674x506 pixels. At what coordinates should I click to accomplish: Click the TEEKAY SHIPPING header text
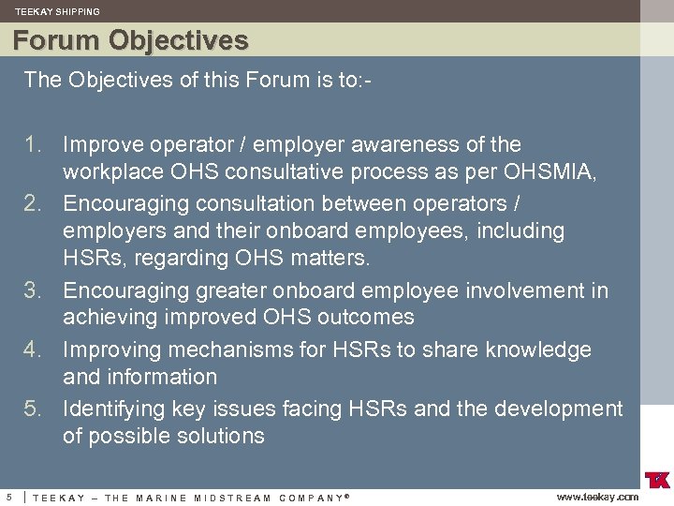[x=57, y=11]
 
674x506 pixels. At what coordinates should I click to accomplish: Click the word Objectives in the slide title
[x=178, y=41]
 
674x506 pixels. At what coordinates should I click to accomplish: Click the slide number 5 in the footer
[x=9, y=497]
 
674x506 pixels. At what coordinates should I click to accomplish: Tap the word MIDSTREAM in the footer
[x=230, y=498]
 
